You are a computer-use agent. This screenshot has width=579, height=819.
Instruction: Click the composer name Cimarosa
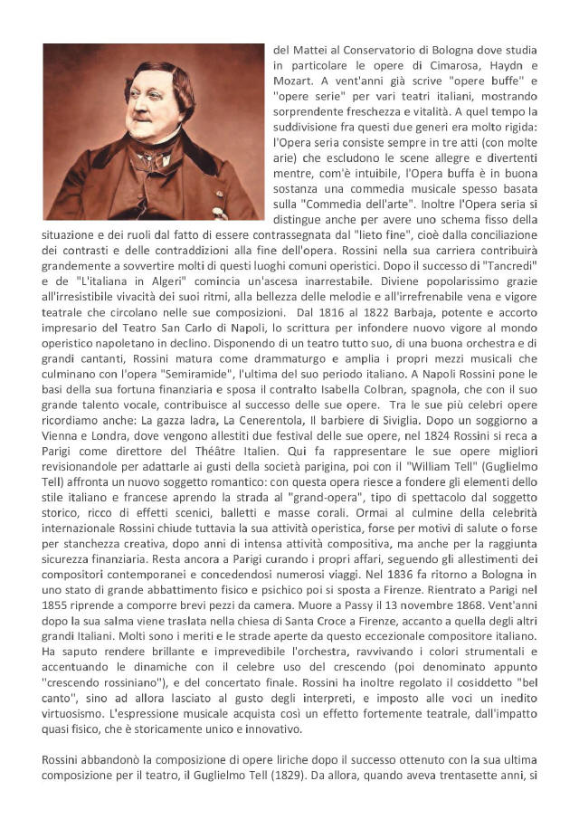(x=446, y=64)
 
